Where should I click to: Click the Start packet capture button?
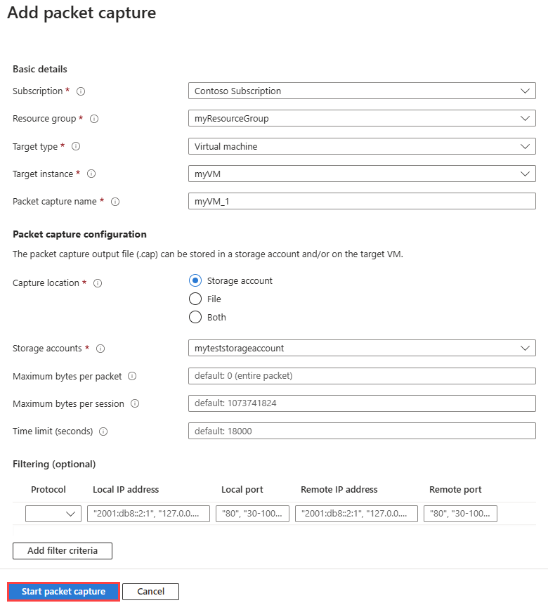(x=63, y=592)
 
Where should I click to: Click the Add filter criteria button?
(x=63, y=550)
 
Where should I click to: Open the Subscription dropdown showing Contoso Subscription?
(x=362, y=91)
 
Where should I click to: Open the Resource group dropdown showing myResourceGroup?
(x=362, y=118)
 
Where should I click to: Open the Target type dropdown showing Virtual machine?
(x=362, y=146)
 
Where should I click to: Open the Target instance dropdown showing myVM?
(x=362, y=174)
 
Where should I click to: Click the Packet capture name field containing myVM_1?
(x=362, y=201)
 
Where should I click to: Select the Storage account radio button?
(x=195, y=280)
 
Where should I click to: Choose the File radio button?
(x=195, y=299)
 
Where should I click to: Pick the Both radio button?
(x=195, y=317)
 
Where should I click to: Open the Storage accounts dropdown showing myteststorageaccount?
(x=362, y=348)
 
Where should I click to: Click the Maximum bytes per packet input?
(x=362, y=376)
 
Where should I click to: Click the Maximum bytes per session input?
(x=362, y=403)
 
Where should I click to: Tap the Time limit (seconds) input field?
(x=362, y=431)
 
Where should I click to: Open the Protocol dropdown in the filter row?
(x=53, y=514)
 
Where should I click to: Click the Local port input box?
(x=252, y=514)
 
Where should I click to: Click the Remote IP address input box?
(x=356, y=514)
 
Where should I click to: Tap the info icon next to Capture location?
(x=98, y=283)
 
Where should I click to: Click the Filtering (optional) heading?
(x=54, y=464)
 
